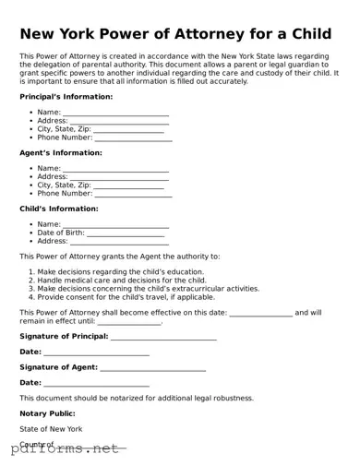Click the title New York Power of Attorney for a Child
[175, 34]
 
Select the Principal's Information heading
[66, 96]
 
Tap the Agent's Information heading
[61, 152]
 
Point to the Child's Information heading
[59, 209]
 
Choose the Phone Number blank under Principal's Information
[132, 139]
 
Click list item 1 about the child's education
[120, 272]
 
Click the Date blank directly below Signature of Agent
[96, 384]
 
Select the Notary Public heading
[47, 413]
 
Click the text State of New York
[51, 429]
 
